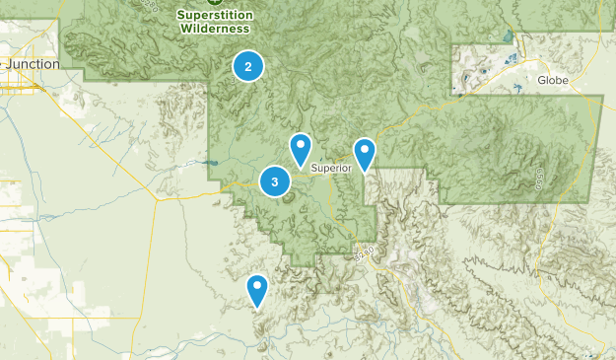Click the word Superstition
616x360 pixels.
click(x=215, y=15)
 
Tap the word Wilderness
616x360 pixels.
click(x=215, y=29)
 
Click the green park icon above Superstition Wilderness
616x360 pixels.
click(x=215, y=2)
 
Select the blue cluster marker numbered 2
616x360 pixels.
click(x=248, y=67)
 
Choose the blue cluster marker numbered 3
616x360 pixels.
click(x=274, y=181)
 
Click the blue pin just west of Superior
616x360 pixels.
click(x=301, y=149)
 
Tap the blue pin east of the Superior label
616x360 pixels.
click(x=365, y=154)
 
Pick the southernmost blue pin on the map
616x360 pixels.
click(x=257, y=290)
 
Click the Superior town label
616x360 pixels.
click(x=331, y=168)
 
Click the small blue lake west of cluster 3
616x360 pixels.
click(x=212, y=164)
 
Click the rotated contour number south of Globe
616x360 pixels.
click(x=540, y=180)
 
